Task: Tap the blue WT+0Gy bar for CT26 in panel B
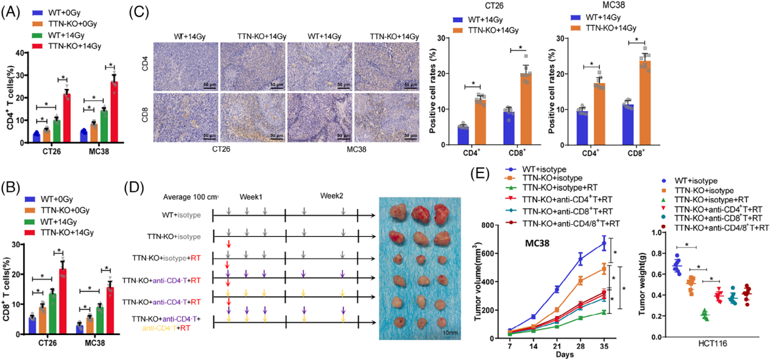[x=32, y=326]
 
